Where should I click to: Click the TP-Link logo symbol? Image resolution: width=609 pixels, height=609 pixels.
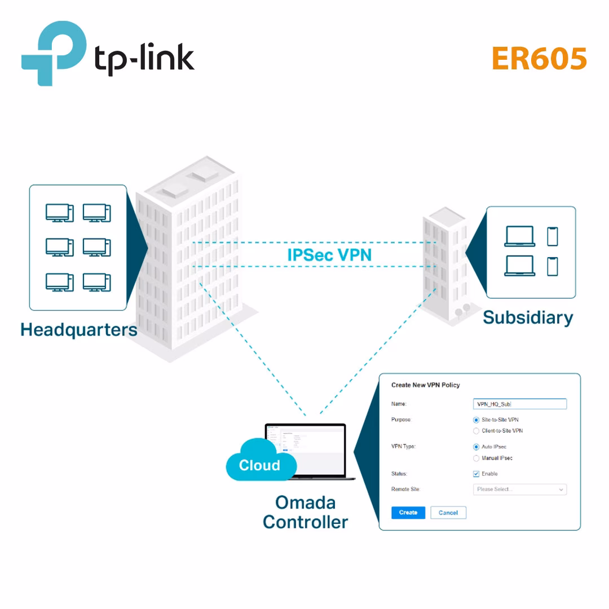click(54, 54)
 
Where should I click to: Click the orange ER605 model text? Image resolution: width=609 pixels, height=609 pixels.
click(539, 58)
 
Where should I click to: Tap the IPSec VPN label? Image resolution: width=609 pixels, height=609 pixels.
click(329, 254)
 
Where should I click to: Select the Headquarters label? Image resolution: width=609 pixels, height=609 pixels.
click(78, 329)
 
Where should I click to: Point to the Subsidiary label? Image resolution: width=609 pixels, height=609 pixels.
click(528, 317)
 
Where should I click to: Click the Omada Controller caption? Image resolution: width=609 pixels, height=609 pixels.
click(305, 512)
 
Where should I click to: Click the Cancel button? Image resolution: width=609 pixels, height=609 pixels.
click(448, 513)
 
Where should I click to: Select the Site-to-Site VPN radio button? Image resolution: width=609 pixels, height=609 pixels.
click(476, 420)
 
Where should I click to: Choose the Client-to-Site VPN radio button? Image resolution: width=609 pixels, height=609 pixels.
click(476, 431)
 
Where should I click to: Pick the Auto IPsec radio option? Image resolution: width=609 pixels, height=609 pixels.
click(476, 447)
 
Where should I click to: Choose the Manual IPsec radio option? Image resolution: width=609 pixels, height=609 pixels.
click(476, 458)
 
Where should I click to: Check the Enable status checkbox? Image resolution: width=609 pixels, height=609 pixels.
click(476, 474)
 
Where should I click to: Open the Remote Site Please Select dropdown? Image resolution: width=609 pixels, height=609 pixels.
click(519, 489)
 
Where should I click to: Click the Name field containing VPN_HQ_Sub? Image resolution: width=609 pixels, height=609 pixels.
click(519, 404)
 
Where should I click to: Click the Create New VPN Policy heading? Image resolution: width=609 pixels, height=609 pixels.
click(426, 385)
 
